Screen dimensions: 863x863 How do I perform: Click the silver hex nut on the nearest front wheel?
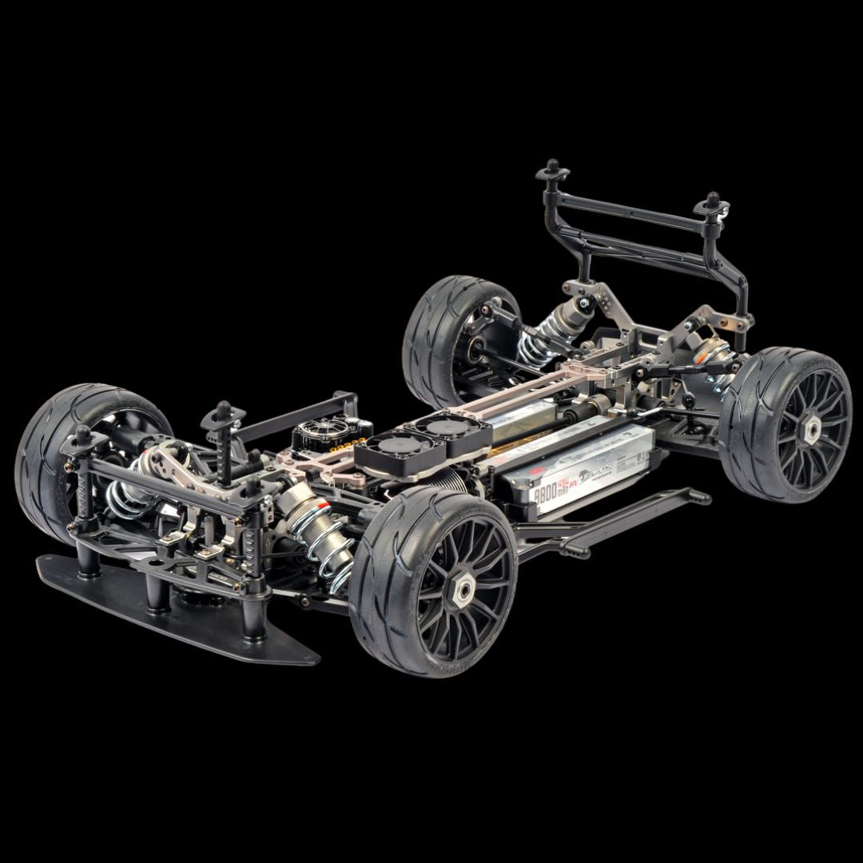tap(463, 587)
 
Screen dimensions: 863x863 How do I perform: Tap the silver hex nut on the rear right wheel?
tap(810, 430)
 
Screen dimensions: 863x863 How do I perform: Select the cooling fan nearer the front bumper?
tap(392, 444)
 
